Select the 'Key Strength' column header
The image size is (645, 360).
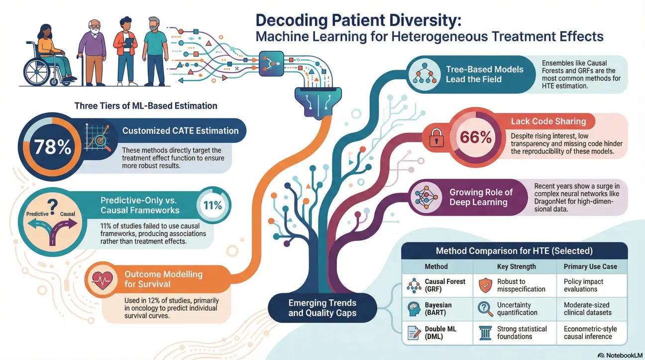coord(516,266)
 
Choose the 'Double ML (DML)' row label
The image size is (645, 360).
coord(438,333)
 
